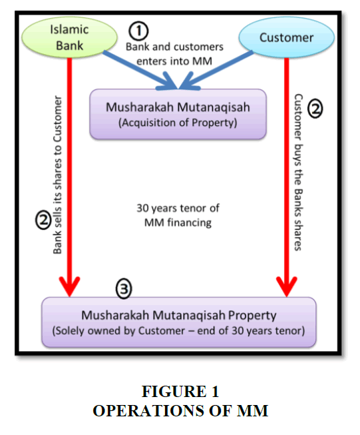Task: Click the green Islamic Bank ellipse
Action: point(69,37)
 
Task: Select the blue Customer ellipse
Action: point(287,37)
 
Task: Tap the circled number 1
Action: point(138,31)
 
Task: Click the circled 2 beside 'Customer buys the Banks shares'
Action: point(315,109)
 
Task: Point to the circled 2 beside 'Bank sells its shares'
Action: point(43,220)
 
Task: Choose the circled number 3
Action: point(124,288)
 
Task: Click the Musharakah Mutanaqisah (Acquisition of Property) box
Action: point(178,114)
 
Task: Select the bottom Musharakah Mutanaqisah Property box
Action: point(179,322)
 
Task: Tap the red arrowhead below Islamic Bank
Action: point(69,286)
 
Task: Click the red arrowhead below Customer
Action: point(287,286)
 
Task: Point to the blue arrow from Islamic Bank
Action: point(140,70)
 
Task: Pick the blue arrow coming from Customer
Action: point(216,70)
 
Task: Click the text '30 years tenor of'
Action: point(178,208)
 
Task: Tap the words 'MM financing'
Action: point(178,222)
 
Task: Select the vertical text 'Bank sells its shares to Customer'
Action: point(57,175)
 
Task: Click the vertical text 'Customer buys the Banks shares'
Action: point(299,173)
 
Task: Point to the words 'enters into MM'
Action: point(174,61)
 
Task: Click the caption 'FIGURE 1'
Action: point(180,392)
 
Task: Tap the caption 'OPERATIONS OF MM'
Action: point(180,410)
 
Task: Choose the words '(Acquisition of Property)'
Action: point(178,123)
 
